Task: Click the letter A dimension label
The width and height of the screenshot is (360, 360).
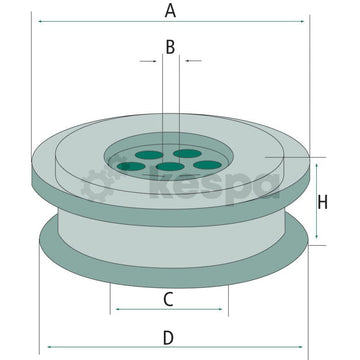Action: (x=170, y=11)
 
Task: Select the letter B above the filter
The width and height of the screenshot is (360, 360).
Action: (x=170, y=46)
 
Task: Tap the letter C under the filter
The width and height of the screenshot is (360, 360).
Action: (x=169, y=298)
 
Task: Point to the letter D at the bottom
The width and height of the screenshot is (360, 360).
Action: (x=169, y=336)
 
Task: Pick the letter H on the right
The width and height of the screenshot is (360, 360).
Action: (x=322, y=203)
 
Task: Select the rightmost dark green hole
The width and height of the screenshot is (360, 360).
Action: (x=207, y=164)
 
